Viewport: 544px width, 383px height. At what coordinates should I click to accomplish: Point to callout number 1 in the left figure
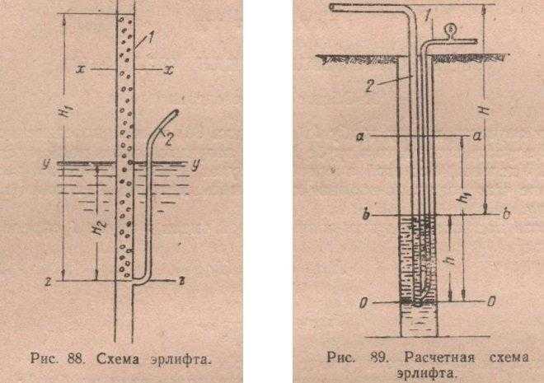pyautogui.click(x=151, y=38)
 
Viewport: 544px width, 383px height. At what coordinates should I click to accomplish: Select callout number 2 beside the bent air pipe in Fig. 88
pyautogui.click(x=169, y=139)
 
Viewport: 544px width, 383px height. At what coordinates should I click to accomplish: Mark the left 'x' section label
pyautogui.click(x=80, y=69)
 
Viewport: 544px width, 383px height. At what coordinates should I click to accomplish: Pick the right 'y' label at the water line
pyautogui.click(x=195, y=165)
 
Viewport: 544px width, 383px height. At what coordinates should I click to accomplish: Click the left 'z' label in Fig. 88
pyautogui.click(x=49, y=283)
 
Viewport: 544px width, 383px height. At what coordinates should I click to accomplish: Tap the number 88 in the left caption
pyautogui.click(x=76, y=358)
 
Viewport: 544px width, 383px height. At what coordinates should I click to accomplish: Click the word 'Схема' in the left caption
pyautogui.click(x=118, y=359)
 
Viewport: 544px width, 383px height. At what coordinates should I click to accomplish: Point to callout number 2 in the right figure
pyautogui.click(x=370, y=86)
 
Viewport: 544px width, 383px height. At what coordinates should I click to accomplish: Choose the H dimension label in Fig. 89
pyautogui.click(x=487, y=110)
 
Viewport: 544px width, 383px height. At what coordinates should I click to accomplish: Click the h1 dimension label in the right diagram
pyautogui.click(x=467, y=199)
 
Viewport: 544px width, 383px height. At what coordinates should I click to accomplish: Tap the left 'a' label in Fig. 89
pyautogui.click(x=361, y=137)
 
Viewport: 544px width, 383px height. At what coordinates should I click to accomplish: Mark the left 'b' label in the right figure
pyautogui.click(x=366, y=214)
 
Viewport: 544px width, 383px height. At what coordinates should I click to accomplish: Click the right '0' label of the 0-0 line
pyautogui.click(x=491, y=302)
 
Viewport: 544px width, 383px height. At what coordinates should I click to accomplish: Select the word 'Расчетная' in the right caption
pyautogui.click(x=439, y=357)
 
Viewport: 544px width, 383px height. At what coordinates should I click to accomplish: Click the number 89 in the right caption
pyautogui.click(x=378, y=357)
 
